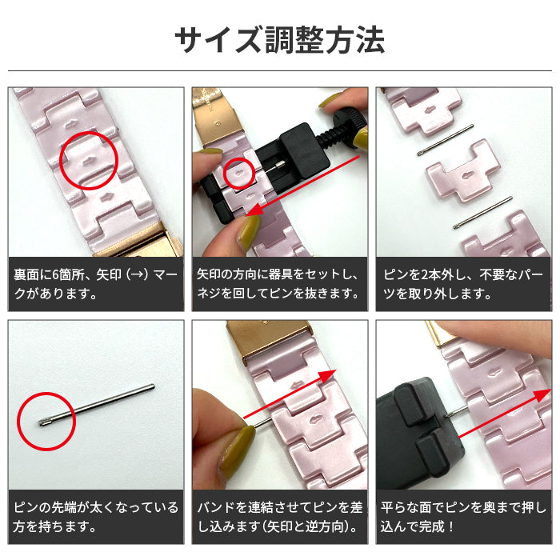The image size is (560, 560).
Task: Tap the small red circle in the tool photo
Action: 238,170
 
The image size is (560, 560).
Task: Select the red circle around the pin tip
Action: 46,421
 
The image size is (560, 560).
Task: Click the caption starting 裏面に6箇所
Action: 96,284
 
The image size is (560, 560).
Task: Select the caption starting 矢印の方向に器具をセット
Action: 280,284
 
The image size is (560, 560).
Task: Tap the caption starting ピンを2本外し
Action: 463,284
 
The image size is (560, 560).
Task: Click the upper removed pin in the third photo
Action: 446,140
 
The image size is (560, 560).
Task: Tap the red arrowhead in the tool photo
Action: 254,210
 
